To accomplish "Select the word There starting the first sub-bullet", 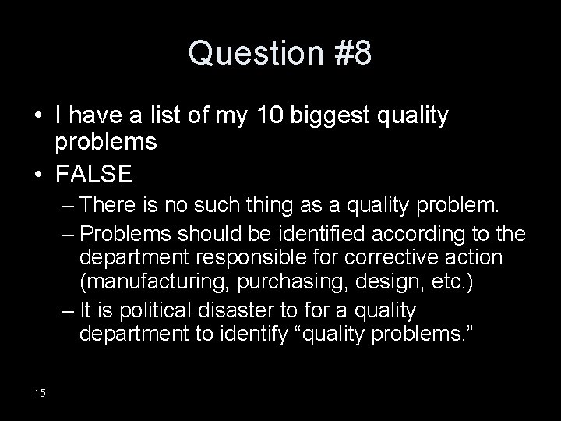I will point(108,207).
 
